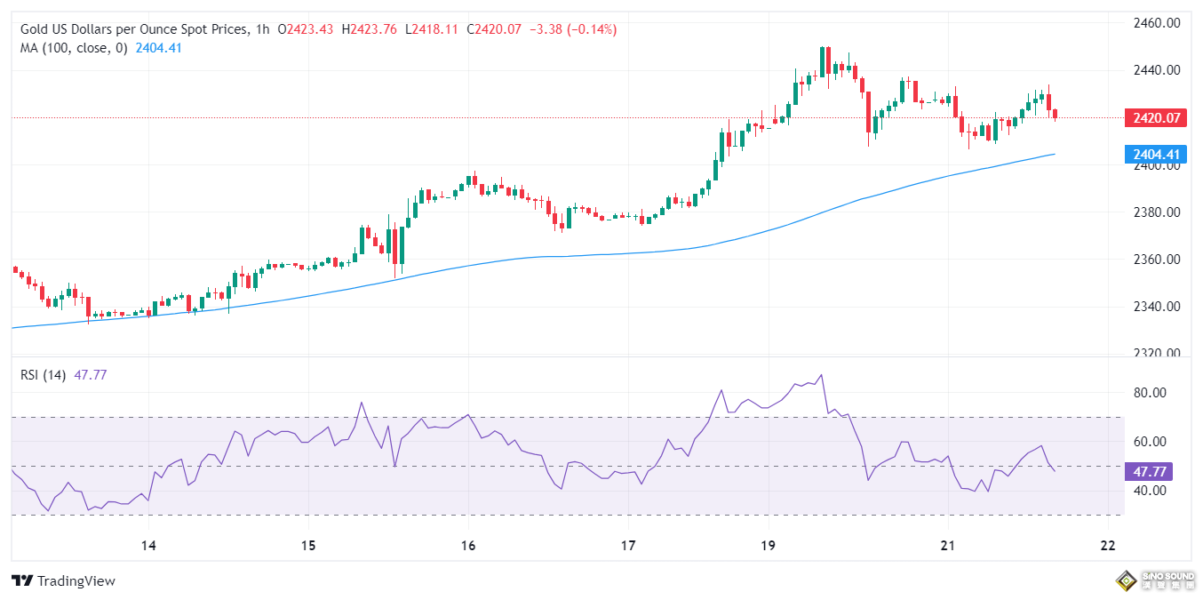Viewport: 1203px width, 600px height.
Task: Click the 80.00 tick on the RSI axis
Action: pos(1151,393)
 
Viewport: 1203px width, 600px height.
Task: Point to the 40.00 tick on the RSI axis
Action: pos(1151,491)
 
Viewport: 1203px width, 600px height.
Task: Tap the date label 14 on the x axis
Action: pos(148,545)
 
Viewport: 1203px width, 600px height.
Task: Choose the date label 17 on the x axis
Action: pos(628,545)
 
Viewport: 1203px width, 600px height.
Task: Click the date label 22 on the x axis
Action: pos(1107,545)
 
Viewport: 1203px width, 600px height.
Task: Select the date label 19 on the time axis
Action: pos(769,545)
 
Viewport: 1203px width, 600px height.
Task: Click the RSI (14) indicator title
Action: pos(43,375)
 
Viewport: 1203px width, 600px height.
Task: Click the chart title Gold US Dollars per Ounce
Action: pos(133,29)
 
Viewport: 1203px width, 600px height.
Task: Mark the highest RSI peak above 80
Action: pos(821,374)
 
